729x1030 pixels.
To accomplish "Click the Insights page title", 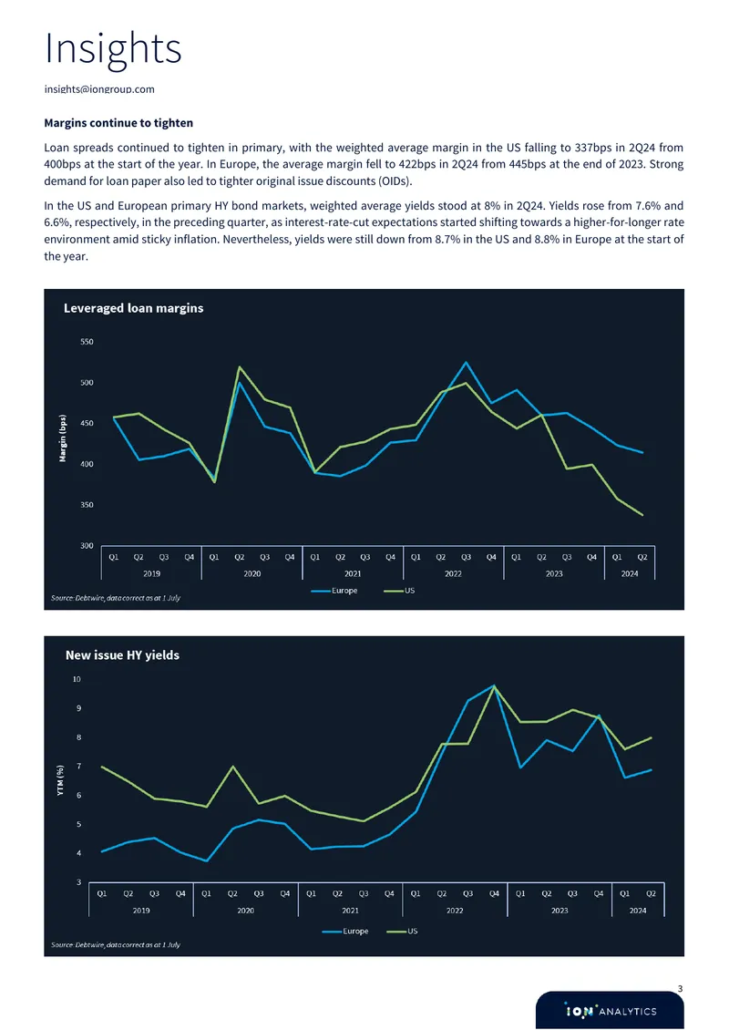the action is tap(112, 48).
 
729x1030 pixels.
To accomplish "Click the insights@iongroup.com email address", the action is tap(99, 88).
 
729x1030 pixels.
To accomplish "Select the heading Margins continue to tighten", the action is tap(118, 123).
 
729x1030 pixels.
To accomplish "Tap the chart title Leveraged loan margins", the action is tap(133, 308).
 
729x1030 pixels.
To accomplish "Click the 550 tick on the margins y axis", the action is tap(87, 342).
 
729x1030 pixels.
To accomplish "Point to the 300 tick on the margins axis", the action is tap(87, 545).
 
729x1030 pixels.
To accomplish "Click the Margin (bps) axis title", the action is tap(63, 438).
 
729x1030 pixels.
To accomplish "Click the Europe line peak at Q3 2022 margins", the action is tap(466, 362).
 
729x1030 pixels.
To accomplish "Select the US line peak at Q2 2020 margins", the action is tap(239, 366).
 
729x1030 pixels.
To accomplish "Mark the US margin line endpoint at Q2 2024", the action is tap(642, 515).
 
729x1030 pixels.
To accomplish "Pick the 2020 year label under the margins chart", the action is tap(252, 573).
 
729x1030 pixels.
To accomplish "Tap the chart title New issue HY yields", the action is tap(122, 655).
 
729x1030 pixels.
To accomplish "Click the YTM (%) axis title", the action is tap(60, 780).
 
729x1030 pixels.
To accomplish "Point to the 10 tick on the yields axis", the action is tap(77, 679).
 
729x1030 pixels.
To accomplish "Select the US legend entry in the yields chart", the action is tap(402, 931).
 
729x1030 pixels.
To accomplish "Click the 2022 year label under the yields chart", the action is tap(455, 911).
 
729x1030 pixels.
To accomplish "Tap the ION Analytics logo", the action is tap(611, 1011).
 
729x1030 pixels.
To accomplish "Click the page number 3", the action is tap(681, 989).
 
